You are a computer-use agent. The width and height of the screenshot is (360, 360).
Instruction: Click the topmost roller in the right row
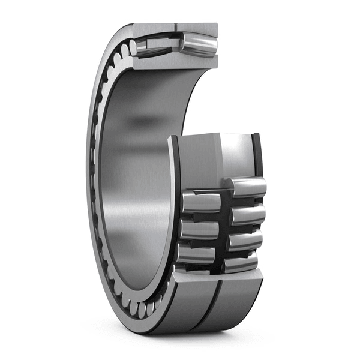click(246, 187)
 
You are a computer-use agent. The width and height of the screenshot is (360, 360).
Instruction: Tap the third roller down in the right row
click(245, 240)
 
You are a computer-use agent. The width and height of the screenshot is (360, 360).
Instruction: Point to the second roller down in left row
click(199, 229)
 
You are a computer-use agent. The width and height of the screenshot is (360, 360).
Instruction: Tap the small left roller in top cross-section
click(145, 47)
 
